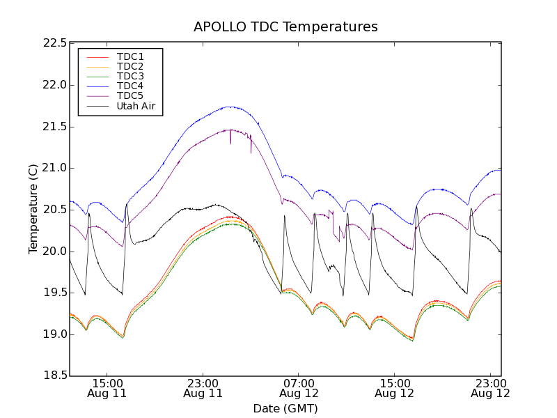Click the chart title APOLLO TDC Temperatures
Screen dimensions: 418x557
[285, 27]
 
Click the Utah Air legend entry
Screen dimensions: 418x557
[135, 107]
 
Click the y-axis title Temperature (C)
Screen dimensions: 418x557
[33, 209]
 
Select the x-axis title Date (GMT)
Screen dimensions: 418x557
[285, 408]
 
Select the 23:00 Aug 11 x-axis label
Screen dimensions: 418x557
[203, 388]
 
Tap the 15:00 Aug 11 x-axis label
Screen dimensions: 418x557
[107, 388]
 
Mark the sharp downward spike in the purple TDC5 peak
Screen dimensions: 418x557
[230, 143]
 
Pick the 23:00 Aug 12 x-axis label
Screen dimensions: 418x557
[491, 388]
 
